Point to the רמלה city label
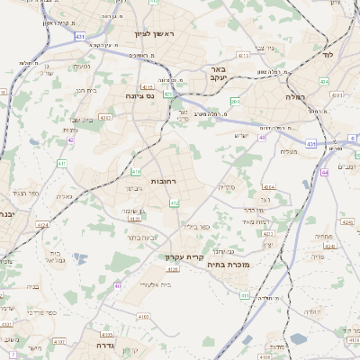(x=296, y=95)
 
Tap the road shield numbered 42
(x=71, y=140)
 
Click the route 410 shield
(x=136, y=171)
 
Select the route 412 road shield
(x=175, y=203)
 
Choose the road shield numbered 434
(x=324, y=81)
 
